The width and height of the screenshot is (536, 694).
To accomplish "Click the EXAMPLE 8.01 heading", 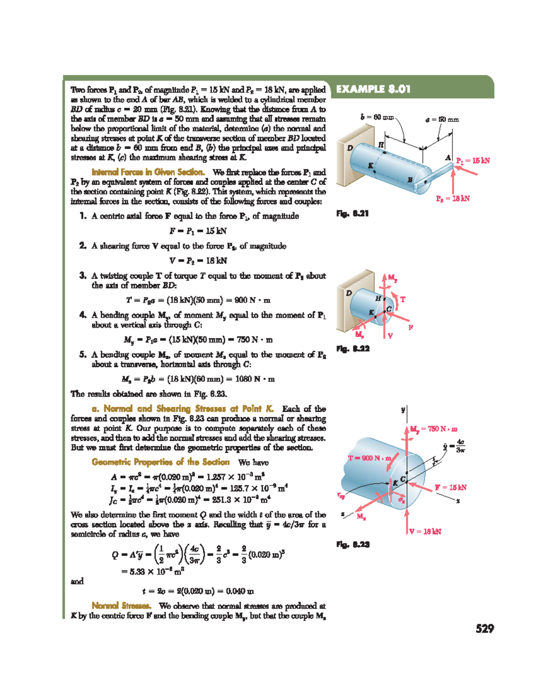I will (x=373, y=89).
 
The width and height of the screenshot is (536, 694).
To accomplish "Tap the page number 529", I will (x=485, y=629).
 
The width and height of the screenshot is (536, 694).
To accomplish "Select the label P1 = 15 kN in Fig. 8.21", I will (x=473, y=160).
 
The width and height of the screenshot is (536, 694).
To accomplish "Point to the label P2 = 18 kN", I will (x=452, y=198).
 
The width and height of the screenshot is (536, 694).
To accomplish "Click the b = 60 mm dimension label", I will (x=377, y=117).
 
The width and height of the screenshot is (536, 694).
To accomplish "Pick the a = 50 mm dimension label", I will (x=442, y=119).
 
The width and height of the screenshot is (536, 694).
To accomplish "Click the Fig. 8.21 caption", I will (x=352, y=214).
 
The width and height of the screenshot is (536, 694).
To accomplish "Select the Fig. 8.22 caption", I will (x=352, y=349).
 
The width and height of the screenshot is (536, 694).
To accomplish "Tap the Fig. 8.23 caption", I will (x=352, y=544).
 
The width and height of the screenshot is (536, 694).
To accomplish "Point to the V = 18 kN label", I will (x=425, y=531).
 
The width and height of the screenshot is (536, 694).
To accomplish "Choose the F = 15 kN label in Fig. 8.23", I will (x=451, y=488).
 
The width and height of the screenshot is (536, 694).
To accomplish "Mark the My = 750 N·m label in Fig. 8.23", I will (x=434, y=429).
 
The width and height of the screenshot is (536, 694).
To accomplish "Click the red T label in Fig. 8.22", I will (x=402, y=299).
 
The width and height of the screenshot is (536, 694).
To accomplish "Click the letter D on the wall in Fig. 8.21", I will (x=350, y=148).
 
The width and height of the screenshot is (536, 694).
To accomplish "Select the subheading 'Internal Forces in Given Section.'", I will (x=148, y=172).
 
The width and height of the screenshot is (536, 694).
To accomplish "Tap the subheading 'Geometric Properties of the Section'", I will (x=160, y=462).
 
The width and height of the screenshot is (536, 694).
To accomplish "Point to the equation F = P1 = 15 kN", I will (x=198, y=231).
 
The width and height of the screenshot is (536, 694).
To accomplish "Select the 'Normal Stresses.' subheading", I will (x=121, y=606).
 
